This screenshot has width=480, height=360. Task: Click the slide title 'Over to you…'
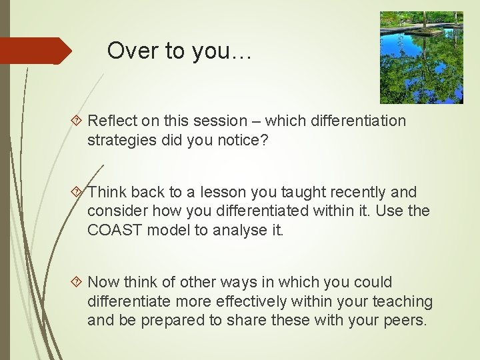(x=179, y=51)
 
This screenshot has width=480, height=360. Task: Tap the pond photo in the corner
(x=421, y=57)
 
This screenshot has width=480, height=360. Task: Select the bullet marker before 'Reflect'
(x=78, y=121)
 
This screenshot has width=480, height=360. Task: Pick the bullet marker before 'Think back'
(x=78, y=193)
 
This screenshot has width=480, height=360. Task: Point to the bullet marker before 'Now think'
(x=78, y=283)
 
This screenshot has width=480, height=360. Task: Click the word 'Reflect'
(x=110, y=121)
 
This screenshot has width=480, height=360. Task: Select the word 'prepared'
(x=174, y=321)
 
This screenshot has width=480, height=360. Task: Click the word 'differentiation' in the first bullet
(x=353, y=121)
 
